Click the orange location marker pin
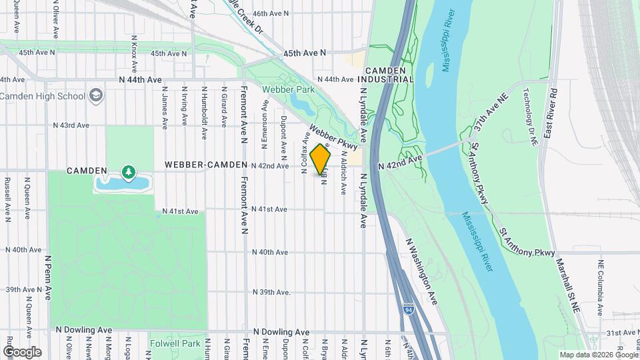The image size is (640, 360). click(321, 159)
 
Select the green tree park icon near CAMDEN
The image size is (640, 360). click(127, 172)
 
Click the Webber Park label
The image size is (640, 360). click(288, 89)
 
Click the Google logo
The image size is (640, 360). click(21, 351)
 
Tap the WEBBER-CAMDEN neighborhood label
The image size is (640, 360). click(201, 165)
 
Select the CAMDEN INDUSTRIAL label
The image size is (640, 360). click(389, 75)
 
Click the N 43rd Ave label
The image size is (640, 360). click(71, 125)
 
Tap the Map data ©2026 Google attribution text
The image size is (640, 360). click(598, 355)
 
